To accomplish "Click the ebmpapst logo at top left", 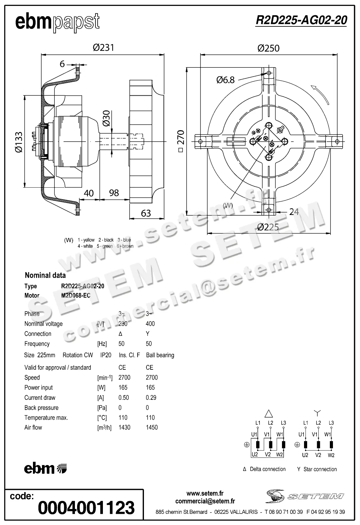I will pos(58,22).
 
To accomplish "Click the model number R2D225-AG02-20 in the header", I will pos(301,20).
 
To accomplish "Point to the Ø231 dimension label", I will pos(104,48).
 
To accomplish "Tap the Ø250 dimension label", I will pos(269,48).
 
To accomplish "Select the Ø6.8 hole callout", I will pos(225,80).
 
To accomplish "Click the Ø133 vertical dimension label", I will pos(19,142).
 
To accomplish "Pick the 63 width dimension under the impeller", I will pos(146,213).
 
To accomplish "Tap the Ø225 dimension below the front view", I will pos(268,227).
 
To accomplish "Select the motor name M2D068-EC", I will pos(76,295).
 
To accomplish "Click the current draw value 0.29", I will pos(151,398).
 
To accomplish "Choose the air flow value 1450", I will pos(152,427).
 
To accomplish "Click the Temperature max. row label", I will pos(46,418).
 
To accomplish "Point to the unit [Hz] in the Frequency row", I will pos(102,344).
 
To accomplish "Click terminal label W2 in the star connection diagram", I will pos(331,455).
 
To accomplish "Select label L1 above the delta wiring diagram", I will pos(258,423).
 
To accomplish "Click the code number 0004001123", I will pos(86,508).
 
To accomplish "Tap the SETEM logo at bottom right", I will pos(305,496).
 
